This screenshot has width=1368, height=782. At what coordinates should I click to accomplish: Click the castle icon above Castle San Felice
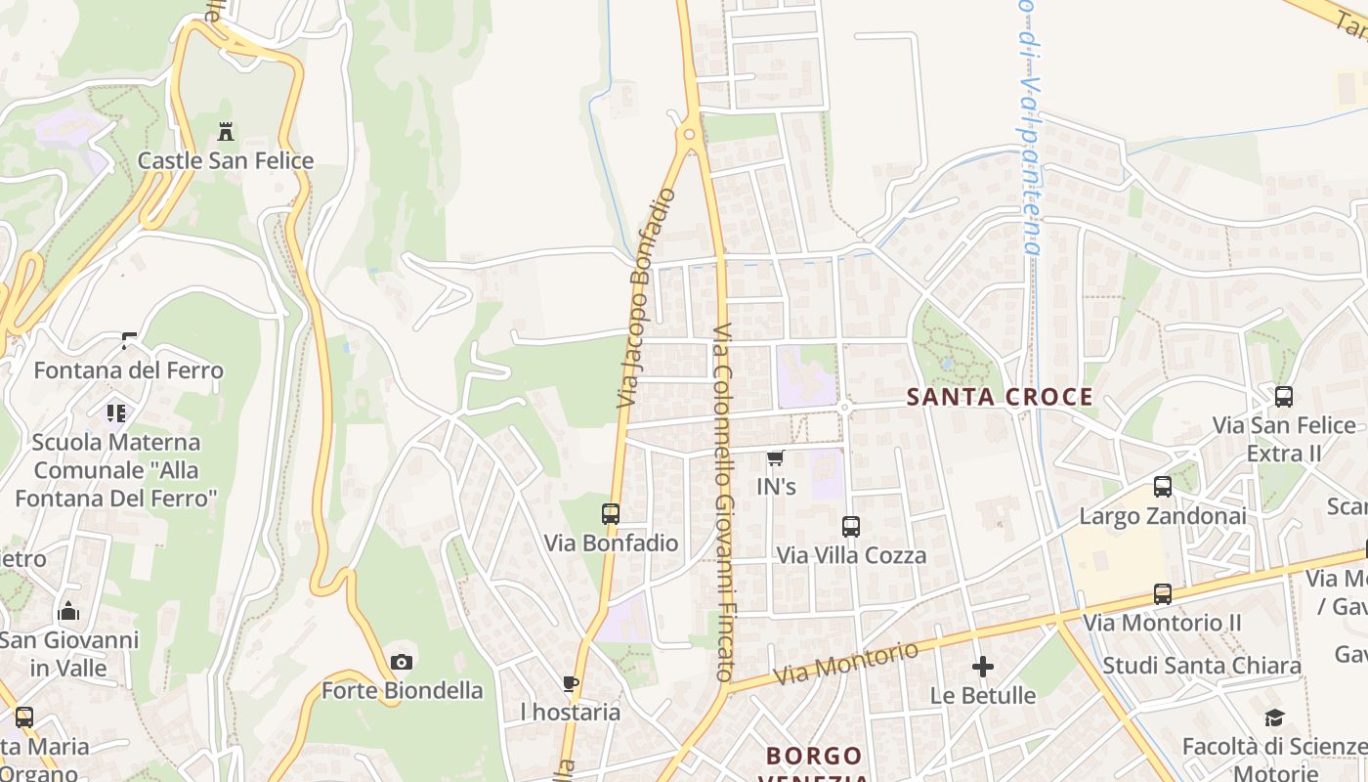(x=226, y=132)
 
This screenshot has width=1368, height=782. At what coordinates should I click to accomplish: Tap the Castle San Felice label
(x=226, y=161)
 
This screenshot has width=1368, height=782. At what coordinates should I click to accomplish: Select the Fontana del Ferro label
(x=128, y=370)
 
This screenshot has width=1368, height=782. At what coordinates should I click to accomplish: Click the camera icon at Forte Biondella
(x=401, y=663)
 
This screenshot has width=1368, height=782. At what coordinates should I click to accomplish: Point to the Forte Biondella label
(x=402, y=690)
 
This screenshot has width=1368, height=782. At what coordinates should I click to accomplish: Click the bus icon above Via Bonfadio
(x=611, y=514)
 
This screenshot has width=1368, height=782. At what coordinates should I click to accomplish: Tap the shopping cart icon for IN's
(x=776, y=458)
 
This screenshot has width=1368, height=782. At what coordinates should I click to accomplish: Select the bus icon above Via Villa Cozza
(x=851, y=527)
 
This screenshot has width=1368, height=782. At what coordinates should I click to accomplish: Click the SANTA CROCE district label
(x=1000, y=397)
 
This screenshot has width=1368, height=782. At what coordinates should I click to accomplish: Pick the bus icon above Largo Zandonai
(x=1163, y=487)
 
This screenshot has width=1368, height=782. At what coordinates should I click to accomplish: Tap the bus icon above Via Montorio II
(x=1163, y=594)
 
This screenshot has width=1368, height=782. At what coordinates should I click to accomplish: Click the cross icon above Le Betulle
(x=983, y=668)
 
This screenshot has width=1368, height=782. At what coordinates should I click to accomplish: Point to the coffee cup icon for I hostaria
(x=571, y=683)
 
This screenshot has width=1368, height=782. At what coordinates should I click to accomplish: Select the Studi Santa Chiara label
(x=1202, y=666)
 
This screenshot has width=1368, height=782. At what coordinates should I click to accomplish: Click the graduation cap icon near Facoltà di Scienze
(x=1274, y=718)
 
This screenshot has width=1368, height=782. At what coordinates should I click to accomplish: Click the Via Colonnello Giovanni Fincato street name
(x=723, y=502)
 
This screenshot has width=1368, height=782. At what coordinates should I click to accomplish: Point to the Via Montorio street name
(x=846, y=663)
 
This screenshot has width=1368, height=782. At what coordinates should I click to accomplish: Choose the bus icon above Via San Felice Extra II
(x=1284, y=397)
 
